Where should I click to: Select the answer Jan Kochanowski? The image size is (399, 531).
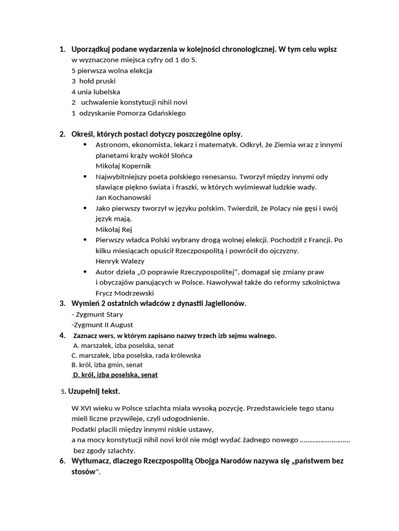click(x=123, y=198)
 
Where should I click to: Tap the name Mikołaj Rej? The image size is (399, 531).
click(x=114, y=229)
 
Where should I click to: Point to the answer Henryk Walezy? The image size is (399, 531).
click(x=120, y=261)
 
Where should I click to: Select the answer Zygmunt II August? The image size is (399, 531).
click(x=103, y=325)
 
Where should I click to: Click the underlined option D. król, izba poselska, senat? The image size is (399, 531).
click(x=115, y=374)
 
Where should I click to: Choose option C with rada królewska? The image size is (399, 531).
click(x=136, y=355)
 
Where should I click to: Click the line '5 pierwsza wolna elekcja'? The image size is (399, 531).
click(x=112, y=71)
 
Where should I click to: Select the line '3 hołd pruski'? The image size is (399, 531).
click(x=94, y=81)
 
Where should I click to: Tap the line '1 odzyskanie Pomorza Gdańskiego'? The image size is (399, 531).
click(x=128, y=113)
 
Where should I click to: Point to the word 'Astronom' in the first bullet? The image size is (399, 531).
click(x=112, y=145)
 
